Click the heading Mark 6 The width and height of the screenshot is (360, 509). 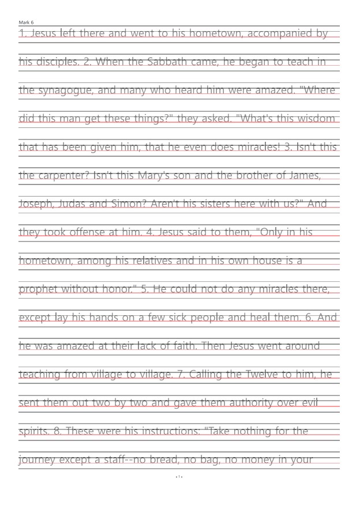pyautogui.click(x=26, y=22)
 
